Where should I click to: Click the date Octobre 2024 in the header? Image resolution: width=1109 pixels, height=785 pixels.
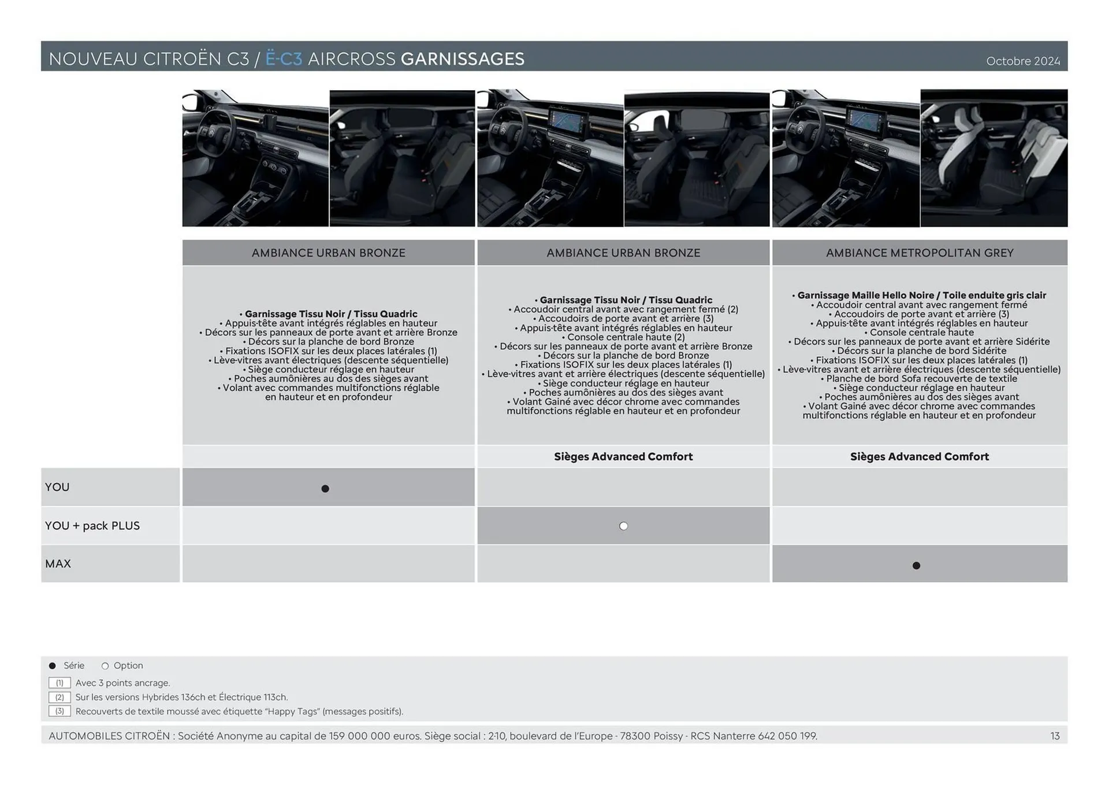pos(1022,61)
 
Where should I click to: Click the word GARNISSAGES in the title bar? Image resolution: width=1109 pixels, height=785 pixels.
pos(462,59)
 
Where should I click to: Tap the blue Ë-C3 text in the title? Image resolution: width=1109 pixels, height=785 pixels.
pos(284,59)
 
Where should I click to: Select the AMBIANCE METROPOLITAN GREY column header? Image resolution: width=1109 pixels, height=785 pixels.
pos(919,253)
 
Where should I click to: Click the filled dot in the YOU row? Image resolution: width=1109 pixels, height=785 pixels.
pos(325,488)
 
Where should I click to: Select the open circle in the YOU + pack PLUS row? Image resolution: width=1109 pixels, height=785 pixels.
pos(623,526)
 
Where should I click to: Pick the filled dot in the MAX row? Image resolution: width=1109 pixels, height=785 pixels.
pos(916,565)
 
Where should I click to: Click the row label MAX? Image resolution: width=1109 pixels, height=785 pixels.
pos(58,564)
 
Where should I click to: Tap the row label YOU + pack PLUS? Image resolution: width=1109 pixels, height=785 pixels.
pos(92,525)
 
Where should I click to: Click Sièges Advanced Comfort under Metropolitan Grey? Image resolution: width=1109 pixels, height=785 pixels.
pos(919,456)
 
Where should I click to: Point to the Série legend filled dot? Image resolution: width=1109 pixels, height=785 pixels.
pos(53,666)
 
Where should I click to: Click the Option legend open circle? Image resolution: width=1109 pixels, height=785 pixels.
pos(105,666)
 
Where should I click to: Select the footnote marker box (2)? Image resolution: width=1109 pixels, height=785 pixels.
pos(59,697)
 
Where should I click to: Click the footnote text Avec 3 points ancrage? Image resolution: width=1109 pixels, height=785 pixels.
pos(122,683)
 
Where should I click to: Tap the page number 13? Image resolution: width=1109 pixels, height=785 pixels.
pos(1055,736)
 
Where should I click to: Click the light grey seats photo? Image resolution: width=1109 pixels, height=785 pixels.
pos(993,157)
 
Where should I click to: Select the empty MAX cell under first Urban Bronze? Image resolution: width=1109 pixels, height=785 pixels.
pos(328,564)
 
